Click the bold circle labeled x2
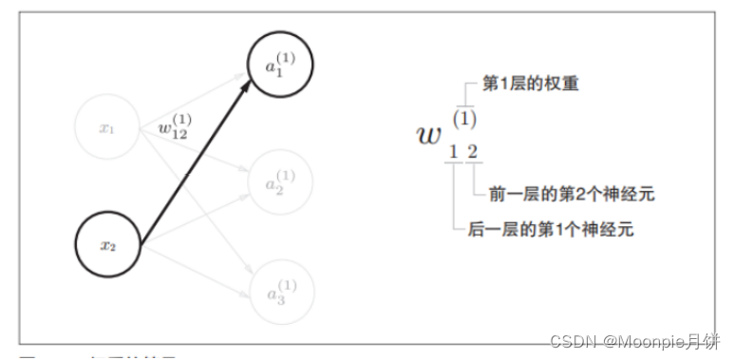coord(108,244)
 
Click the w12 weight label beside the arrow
coord(176,128)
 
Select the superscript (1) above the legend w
coord(464,120)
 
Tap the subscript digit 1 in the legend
coord(454,151)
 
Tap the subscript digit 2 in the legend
coord(472,151)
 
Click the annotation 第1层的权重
coord(530,85)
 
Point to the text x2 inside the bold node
coord(108,244)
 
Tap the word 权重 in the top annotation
coord(560,85)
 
